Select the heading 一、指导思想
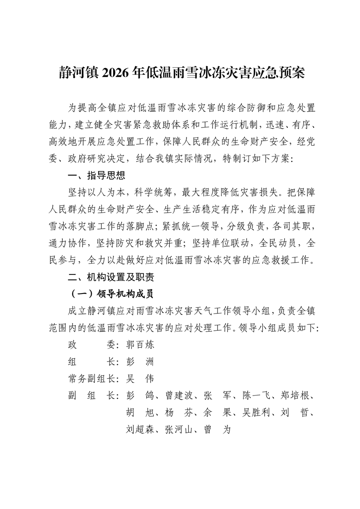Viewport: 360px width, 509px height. point(96,176)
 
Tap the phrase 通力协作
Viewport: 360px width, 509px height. point(68,243)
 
